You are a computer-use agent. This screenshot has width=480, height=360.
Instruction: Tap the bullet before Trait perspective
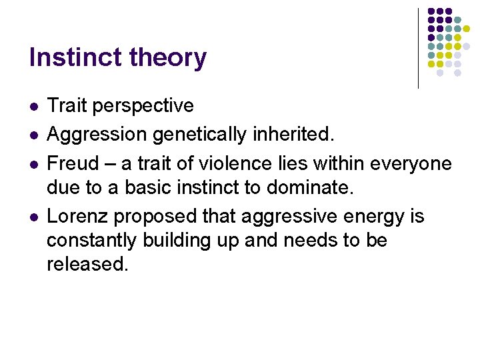coord(33,106)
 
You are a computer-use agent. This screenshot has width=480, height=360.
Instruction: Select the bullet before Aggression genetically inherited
coord(33,135)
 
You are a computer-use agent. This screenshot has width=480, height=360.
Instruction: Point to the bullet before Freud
coord(33,163)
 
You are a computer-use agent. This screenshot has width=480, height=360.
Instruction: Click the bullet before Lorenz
coord(33,217)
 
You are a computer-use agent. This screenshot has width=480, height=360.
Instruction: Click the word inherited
coord(298,135)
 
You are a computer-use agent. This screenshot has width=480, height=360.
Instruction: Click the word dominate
coord(317,187)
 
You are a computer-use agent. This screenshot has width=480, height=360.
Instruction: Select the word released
coord(87,264)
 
